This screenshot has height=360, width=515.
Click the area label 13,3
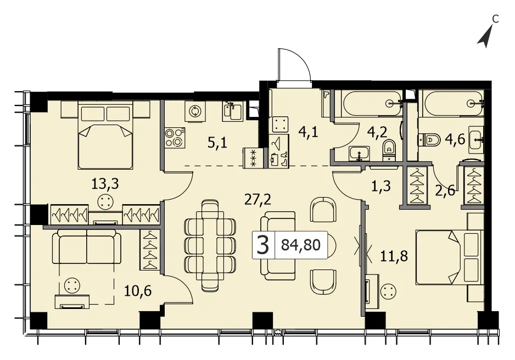105,184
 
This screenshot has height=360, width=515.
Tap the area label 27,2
258,199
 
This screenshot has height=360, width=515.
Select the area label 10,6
138,291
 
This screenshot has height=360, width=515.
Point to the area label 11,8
394,255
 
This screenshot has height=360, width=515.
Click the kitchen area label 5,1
217,143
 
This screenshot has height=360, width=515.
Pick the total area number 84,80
301,245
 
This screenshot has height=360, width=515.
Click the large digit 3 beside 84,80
263,245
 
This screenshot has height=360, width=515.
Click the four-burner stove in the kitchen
175,138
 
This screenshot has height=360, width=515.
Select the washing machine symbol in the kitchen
195,111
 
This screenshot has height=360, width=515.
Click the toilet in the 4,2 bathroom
389,150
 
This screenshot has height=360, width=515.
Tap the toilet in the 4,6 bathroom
429,139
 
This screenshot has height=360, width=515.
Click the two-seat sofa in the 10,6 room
87,246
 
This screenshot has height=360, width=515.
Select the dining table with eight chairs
210,245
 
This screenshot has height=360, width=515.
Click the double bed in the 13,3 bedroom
106,135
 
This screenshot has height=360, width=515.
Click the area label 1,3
381,187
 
